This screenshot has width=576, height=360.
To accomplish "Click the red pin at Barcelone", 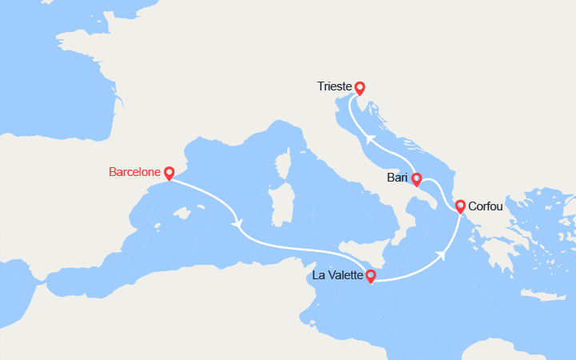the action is [x=169, y=173].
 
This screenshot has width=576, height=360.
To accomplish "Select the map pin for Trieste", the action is [x=360, y=88].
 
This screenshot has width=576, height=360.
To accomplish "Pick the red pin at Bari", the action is [x=417, y=178].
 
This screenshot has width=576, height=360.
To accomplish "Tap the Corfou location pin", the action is [x=461, y=206].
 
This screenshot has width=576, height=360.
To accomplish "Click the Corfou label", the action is [x=485, y=206].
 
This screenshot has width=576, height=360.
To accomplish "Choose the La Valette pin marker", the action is [x=370, y=276].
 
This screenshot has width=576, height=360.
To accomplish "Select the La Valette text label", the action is [x=338, y=277].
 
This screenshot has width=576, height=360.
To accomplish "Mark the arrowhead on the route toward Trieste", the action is [x=368, y=138].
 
